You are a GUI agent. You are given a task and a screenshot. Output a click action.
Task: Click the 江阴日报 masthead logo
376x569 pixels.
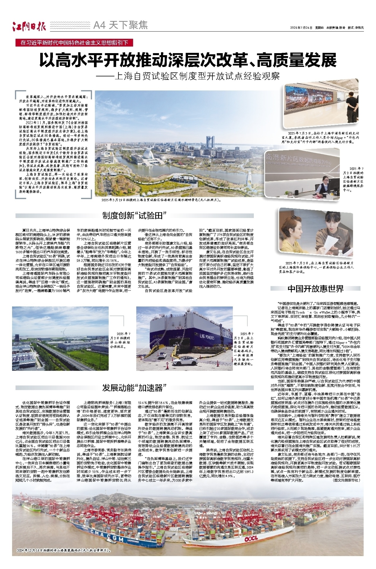[x=29, y=26]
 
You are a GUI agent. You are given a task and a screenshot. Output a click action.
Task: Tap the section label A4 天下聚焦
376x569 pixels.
[x=120, y=26]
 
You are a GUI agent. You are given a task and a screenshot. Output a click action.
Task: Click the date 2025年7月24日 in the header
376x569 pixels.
[x=301, y=28]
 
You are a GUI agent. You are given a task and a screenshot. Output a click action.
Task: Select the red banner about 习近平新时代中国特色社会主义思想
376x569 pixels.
[x=75, y=43]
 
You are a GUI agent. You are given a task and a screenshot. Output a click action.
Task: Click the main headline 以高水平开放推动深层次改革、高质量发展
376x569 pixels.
[x=188, y=60]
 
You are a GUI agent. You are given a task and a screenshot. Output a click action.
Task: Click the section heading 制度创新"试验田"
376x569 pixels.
[x=135, y=216]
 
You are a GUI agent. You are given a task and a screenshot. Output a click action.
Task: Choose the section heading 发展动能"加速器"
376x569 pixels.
[x=135, y=388]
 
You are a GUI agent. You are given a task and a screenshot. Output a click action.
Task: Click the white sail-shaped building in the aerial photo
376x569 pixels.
[x=152, y=156]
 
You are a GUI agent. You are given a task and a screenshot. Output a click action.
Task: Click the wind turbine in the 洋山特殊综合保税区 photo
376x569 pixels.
[x=63, y=332]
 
